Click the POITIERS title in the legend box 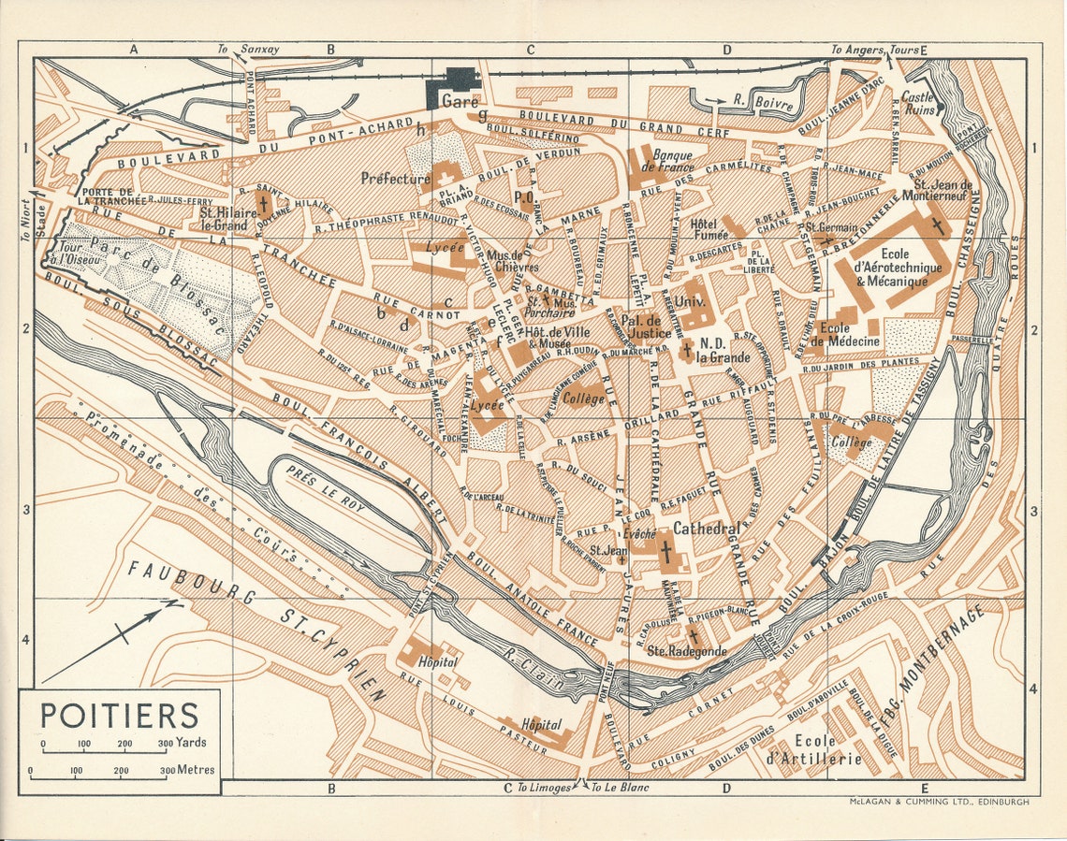[119, 716]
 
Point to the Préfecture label [396, 178]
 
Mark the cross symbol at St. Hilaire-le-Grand [264, 203]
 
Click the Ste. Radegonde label [686, 651]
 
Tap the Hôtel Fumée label [709, 230]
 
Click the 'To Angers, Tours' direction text [874, 50]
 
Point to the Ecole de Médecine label [837, 335]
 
